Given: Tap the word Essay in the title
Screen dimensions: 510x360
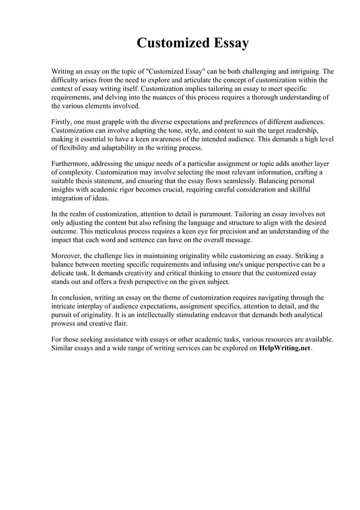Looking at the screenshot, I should click(228, 43).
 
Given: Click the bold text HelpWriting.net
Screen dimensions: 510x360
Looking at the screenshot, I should click(284, 348).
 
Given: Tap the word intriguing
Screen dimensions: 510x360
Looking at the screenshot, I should click(311, 72).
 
